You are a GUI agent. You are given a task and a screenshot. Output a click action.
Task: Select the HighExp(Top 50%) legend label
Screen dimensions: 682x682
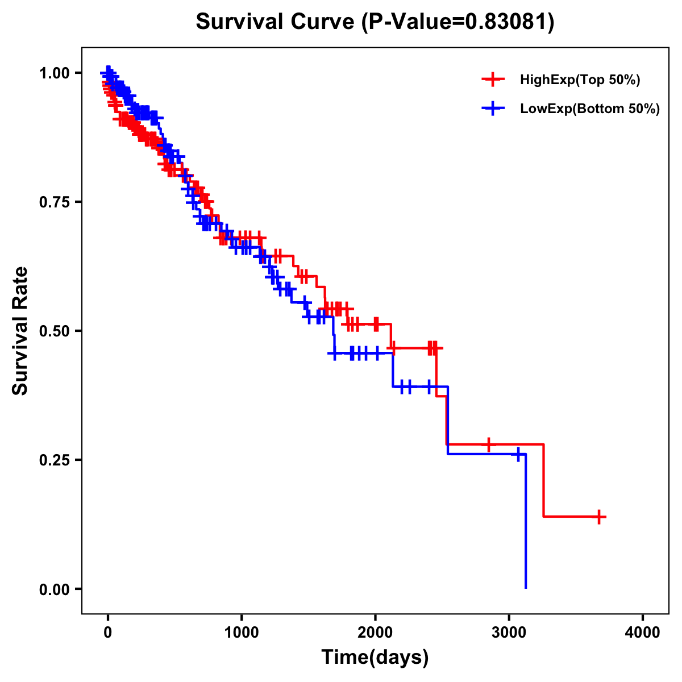tap(580, 80)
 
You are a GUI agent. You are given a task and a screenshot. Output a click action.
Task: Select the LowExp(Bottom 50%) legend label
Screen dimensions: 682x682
tap(590, 109)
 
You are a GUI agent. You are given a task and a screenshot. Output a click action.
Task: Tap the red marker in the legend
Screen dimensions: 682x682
tap(493, 80)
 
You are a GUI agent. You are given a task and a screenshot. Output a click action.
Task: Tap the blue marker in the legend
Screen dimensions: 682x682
tap(493, 109)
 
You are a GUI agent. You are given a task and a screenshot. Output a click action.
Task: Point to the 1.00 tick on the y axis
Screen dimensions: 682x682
tap(54, 73)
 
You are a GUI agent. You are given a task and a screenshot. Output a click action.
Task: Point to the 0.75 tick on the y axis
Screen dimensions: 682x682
tap(54, 202)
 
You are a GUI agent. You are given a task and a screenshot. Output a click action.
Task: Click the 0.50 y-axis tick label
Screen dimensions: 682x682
tap(54, 331)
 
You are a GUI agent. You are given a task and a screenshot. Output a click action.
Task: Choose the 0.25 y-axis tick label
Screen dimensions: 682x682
tap(54, 460)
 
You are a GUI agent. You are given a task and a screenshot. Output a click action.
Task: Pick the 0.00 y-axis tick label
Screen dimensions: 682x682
tap(54, 589)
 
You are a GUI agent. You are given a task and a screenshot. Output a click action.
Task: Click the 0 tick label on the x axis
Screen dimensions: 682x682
tap(107, 633)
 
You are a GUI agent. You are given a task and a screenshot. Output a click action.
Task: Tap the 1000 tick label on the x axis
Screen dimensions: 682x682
tap(242, 633)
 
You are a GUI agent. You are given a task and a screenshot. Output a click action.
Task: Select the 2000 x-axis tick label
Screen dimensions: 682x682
tap(375, 633)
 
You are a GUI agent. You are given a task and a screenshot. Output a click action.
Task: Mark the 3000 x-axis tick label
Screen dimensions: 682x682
tap(509, 633)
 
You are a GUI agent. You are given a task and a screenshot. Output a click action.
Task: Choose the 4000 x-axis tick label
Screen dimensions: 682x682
tap(643, 633)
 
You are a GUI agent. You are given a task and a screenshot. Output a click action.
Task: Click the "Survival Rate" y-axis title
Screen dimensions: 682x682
tap(20, 331)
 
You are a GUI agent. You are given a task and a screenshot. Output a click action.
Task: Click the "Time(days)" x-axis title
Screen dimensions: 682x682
tap(375, 658)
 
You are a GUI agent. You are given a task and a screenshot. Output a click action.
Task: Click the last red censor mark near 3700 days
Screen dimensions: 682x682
tap(599, 517)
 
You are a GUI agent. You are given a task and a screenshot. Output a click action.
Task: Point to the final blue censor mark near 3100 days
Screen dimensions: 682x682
tap(518, 454)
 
